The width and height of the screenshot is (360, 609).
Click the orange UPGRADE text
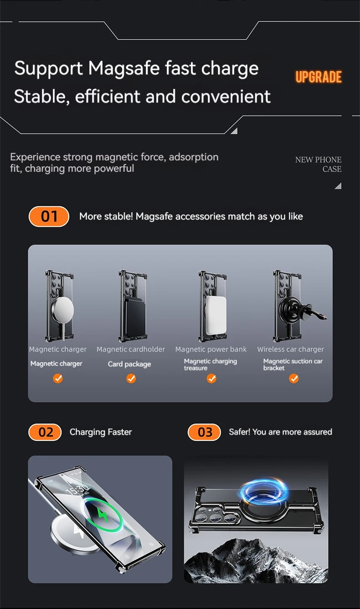[319, 77]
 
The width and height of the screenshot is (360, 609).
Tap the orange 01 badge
[49, 216]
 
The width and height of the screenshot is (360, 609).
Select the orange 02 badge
[45, 432]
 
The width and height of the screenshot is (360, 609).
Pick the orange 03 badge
[204, 432]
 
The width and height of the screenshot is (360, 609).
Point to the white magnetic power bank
[216, 315]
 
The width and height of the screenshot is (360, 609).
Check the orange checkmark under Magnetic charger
[57, 378]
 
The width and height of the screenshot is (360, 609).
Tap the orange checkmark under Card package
[131, 378]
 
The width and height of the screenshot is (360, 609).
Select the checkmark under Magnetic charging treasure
[211, 378]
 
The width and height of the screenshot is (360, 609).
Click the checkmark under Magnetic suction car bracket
[293, 378]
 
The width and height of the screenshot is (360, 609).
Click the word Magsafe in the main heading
[123, 68]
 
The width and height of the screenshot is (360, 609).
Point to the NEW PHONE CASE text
[319, 164]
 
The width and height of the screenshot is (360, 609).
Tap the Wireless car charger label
[290, 349]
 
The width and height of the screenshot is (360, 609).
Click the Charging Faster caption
[101, 432]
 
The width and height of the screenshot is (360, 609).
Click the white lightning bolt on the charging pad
[79, 532]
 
